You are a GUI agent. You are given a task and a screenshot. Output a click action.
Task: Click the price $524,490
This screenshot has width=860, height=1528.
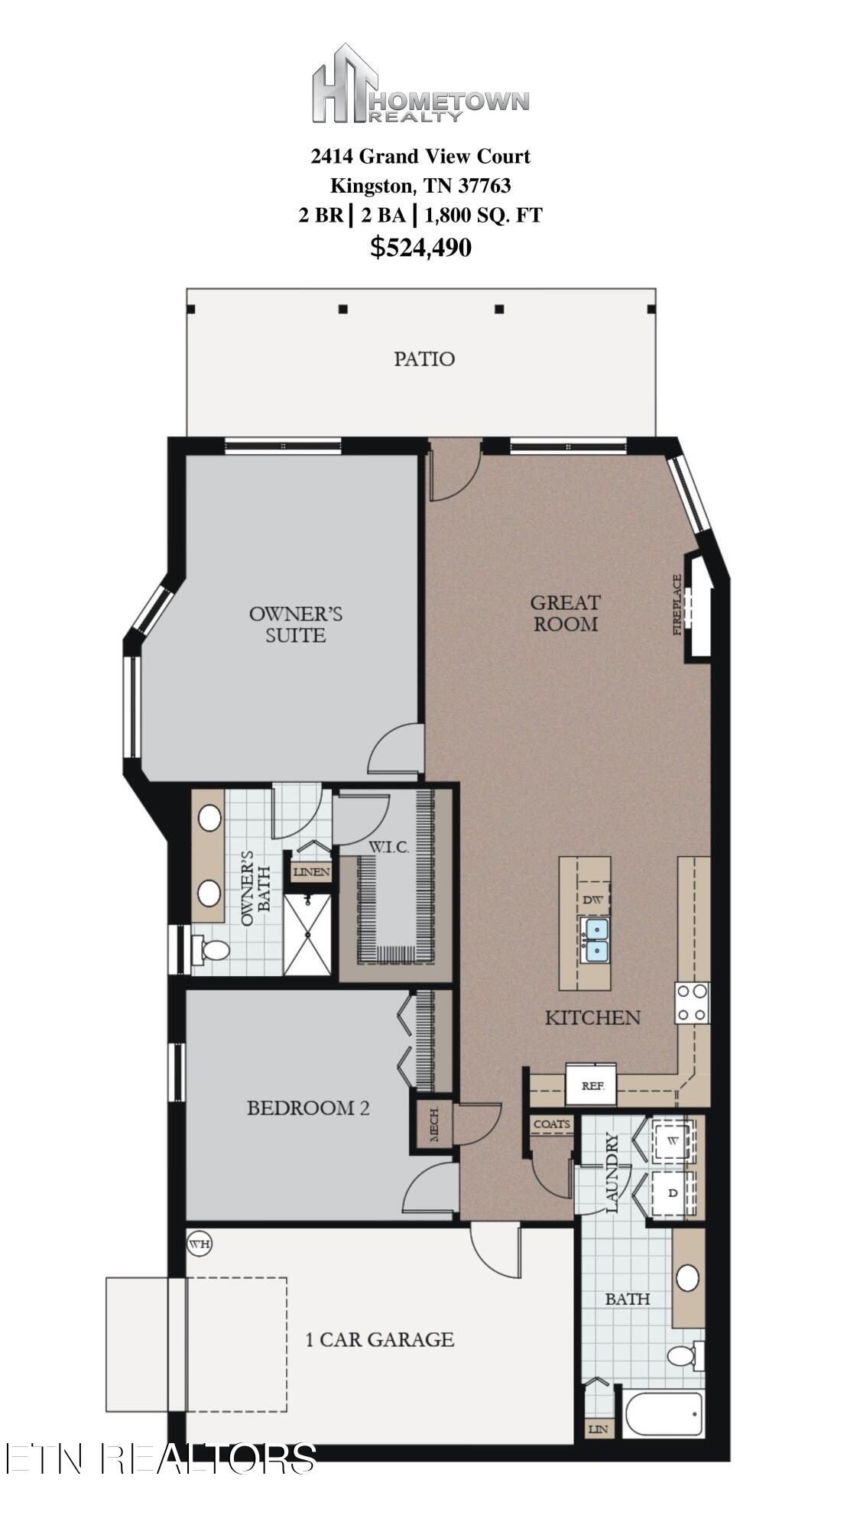(420, 248)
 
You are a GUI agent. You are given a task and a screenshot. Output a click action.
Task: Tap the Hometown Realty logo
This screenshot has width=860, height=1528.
(420, 84)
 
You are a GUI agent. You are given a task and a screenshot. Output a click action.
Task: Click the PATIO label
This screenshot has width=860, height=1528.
(424, 358)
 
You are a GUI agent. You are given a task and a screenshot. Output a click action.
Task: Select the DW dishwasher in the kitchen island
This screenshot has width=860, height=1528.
(592, 900)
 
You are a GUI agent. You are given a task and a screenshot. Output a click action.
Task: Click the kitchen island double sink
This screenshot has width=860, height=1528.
(594, 940)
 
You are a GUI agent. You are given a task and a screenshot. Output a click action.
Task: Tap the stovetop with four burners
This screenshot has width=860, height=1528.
(692, 1002)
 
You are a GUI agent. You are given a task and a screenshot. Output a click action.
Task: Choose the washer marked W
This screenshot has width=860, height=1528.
(673, 1140)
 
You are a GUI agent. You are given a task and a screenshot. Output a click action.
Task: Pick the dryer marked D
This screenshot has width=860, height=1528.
(673, 1192)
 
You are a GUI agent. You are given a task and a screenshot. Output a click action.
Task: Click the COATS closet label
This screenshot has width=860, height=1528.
(552, 1124)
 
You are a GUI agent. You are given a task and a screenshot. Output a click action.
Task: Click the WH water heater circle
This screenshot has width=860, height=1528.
(200, 1244)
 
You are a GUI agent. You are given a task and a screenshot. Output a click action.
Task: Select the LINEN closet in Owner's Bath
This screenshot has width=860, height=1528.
(310, 871)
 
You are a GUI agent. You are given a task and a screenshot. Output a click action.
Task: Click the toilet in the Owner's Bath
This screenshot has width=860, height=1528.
(212, 950)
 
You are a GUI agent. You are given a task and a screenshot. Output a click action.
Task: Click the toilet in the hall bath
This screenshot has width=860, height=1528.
(686, 1355)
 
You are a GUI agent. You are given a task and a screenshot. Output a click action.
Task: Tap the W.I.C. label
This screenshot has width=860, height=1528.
(389, 847)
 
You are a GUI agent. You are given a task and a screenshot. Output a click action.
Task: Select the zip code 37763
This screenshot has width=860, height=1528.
(484, 185)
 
